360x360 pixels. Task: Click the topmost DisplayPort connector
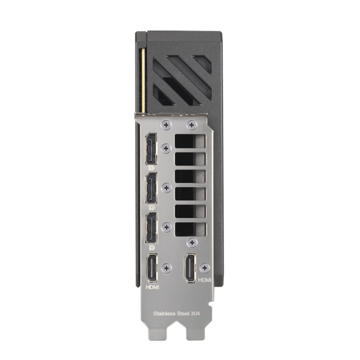[x=151, y=149]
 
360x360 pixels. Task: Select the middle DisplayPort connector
[x=151, y=188]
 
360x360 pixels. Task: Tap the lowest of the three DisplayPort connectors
[x=151, y=228]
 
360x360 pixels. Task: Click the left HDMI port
[x=151, y=268]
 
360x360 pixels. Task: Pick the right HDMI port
[x=190, y=268]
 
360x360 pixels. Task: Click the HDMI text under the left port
[x=152, y=287]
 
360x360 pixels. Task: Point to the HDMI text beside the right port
[x=205, y=280]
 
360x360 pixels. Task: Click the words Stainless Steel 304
[x=177, y=314]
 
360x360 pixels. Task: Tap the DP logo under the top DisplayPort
[x=151, y=168]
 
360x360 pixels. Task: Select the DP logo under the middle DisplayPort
[x=151, y=208]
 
